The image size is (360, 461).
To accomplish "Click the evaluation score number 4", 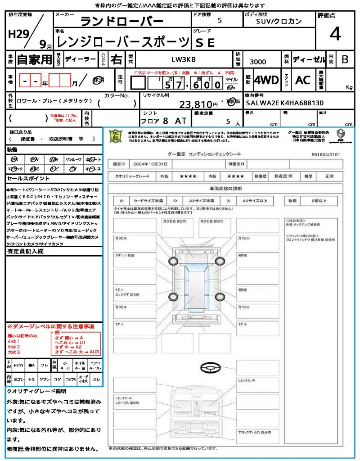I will coord(334,35).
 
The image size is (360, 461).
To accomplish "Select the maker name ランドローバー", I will coord(121,22).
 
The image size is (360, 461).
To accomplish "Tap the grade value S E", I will coord(206,43).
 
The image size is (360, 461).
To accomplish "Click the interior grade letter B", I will coord(345,59).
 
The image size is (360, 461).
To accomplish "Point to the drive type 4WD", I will coord(266,80).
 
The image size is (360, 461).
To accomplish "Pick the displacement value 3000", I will coord(257,62).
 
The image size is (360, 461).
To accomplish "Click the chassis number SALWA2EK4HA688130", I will coord(285,103).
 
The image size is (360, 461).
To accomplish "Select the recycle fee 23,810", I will coord(198,104).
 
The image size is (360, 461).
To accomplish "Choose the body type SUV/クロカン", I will coord(279,21).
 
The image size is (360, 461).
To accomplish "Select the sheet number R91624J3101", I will coord(325,154).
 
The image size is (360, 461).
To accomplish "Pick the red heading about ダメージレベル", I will coord(50,326).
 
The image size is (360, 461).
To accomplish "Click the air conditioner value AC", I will coord(303,80).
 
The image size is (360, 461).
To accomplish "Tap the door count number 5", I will coord(219,21).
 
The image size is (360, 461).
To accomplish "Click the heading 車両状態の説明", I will coord(225,188).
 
